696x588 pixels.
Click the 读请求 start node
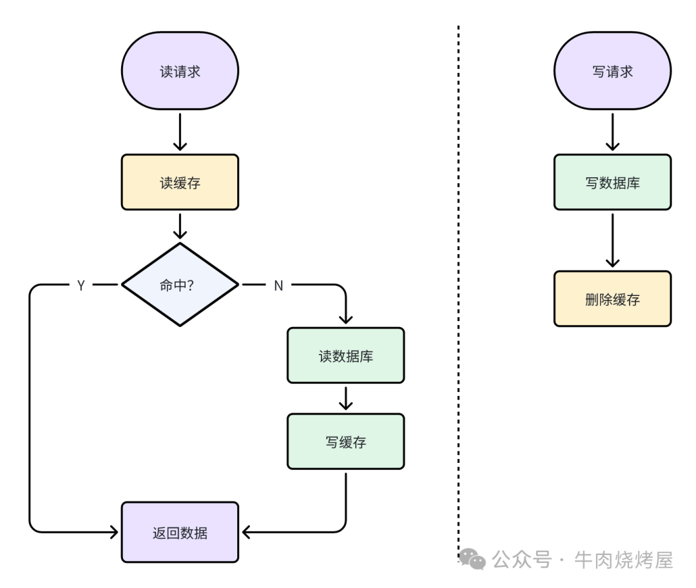(180, 71)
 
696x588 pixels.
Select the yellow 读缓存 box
(180, 182)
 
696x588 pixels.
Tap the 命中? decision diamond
(180, 285)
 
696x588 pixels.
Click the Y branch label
(81, 286)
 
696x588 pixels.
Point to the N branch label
(278, 286)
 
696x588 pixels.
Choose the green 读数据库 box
(345, 355)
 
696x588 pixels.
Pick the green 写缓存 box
(345, 442)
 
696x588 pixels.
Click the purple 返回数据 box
(180, 533)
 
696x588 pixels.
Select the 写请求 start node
(612, 71)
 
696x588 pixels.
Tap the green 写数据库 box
(612, 182)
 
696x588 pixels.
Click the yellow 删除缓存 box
(612, 299)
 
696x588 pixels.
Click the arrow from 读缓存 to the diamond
(180, 226)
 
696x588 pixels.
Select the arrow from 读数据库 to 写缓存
(345, 398)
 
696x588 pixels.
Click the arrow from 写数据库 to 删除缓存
(612, 240)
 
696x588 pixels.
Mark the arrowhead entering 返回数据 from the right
(246, 533)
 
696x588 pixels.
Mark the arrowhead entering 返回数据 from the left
(114, 533)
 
